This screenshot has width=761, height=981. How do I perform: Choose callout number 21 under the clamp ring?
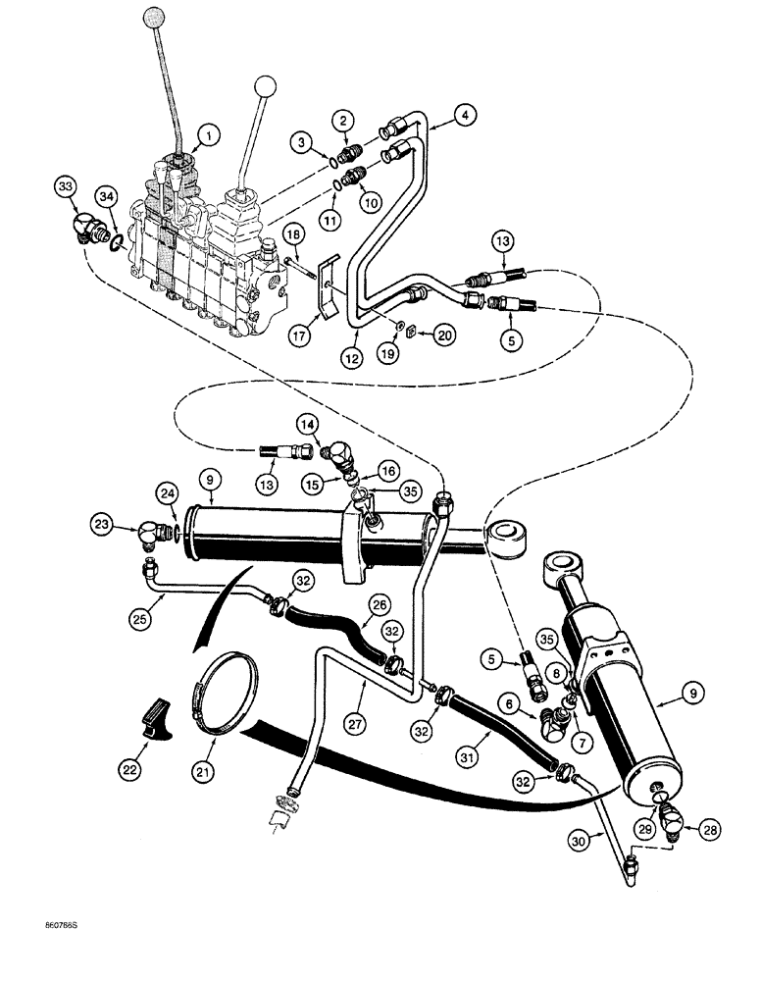tap(202, 774)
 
